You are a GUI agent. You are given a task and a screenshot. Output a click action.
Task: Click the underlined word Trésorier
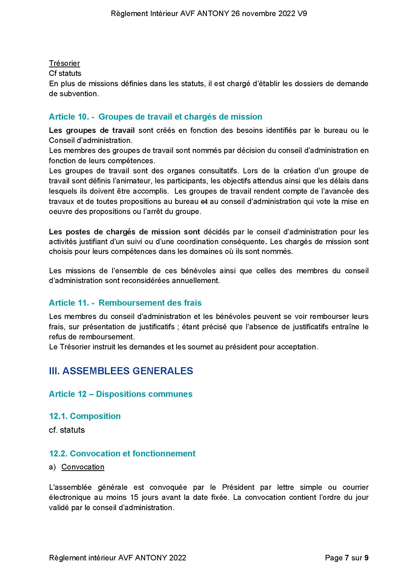point(64,63)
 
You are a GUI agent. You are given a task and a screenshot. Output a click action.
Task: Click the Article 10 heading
point(155,117)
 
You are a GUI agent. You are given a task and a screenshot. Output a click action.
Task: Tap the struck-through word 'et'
point(204,201)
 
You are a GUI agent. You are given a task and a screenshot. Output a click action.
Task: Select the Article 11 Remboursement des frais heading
point(125,303)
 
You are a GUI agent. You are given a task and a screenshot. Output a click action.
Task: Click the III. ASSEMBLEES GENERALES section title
point(121,371)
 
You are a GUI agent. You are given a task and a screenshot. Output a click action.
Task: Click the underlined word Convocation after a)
point(83,467)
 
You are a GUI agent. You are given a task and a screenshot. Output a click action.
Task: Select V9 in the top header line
point(302,14)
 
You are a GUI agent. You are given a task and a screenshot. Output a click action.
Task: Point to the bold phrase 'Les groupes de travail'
point(92,130)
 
